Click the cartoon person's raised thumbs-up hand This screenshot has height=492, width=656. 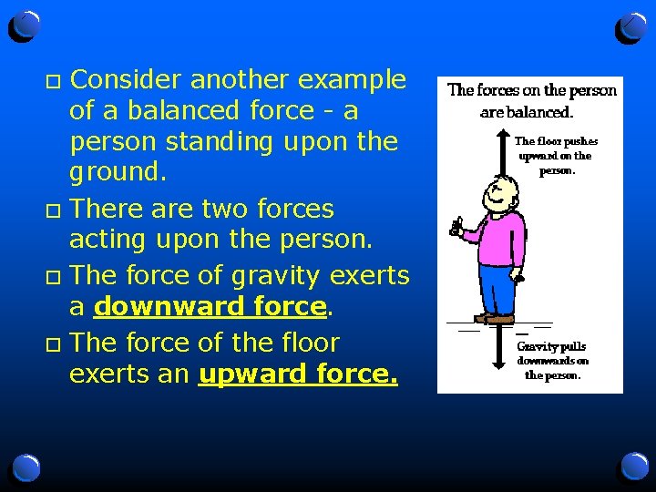coord(456,225)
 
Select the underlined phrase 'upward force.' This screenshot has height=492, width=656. coord(298,374)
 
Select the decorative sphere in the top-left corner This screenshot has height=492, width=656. coord(26,27)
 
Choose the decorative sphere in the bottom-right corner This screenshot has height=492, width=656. coord(632,467)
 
